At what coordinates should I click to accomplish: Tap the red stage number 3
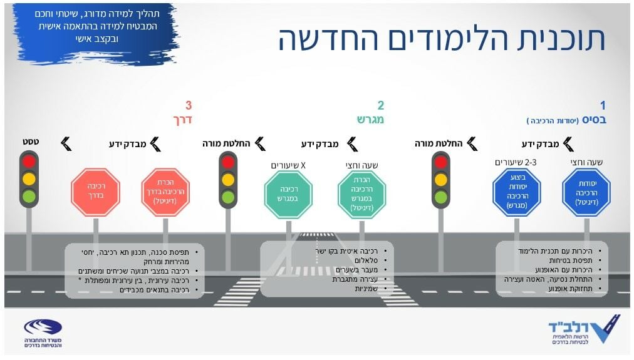pyautogui.click(x=188, y=105)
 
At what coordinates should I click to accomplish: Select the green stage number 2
pyautogui.click(x=380, y=106)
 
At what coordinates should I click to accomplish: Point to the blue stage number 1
pyautogui.click(x=603, y=106)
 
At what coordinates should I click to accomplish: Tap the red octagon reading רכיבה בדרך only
pyautogui.click(x=95, y=192)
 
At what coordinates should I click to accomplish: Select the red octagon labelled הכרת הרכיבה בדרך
pyautogui.click(x=165, y=192)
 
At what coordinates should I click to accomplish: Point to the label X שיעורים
pyautogui.click(x=288, y=165)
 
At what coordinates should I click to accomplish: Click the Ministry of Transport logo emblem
pyautogui.click(x=43, y=327)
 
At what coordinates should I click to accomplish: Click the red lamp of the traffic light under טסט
pyautogui.click(x=29, y=162)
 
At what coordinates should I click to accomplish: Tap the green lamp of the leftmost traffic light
pyautogui.click(x=29, y=196)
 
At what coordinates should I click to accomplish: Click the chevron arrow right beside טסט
pyautogui.click(x=66, y=144)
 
